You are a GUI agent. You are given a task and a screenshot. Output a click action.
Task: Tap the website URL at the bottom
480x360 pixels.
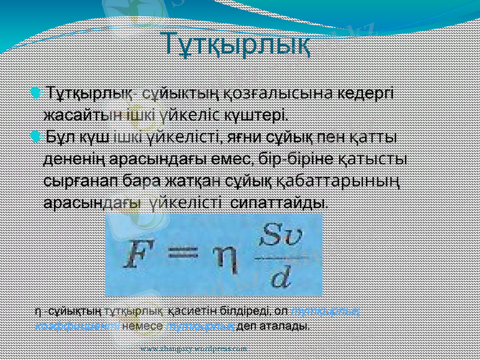193,348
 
